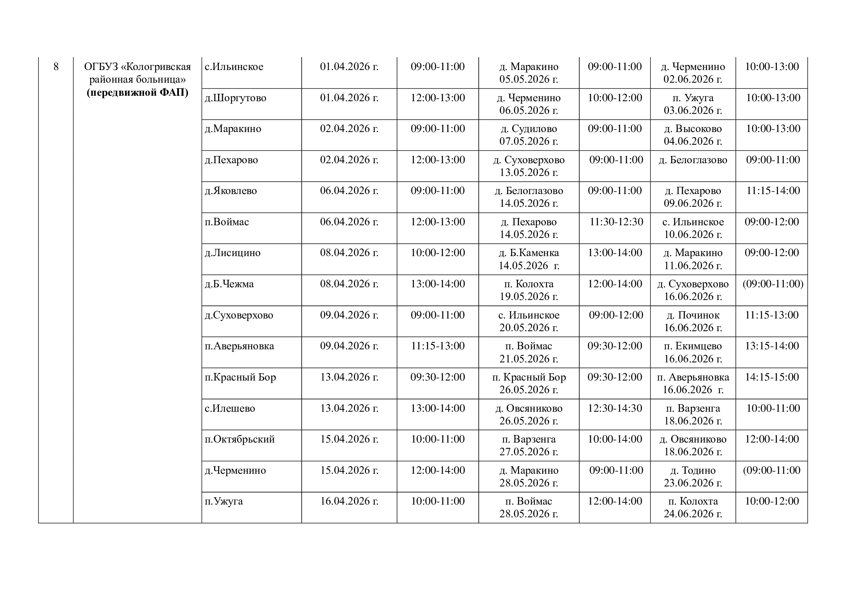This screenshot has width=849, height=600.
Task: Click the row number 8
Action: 56,67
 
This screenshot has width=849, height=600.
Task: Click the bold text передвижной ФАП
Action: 138,93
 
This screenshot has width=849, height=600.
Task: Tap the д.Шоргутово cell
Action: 236,98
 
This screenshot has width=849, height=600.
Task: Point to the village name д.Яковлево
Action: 231,191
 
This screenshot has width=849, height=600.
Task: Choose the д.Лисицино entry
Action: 233,253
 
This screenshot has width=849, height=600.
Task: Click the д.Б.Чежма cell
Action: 229,284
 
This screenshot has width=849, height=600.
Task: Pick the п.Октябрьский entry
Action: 240,440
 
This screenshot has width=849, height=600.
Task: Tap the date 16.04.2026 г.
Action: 349,501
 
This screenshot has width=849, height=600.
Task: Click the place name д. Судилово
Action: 529,129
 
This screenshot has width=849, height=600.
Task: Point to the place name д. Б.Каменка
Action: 529,253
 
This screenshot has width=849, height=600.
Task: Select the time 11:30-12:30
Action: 616,222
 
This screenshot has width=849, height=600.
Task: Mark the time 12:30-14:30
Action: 615,408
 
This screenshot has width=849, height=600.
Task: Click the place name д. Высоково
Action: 693,129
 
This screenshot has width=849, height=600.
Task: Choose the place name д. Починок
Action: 693,316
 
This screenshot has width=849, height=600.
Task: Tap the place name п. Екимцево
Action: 693,346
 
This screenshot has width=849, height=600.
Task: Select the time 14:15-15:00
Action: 772,377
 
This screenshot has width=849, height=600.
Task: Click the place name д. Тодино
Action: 693,471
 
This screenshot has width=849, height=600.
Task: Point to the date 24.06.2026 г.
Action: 693,514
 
